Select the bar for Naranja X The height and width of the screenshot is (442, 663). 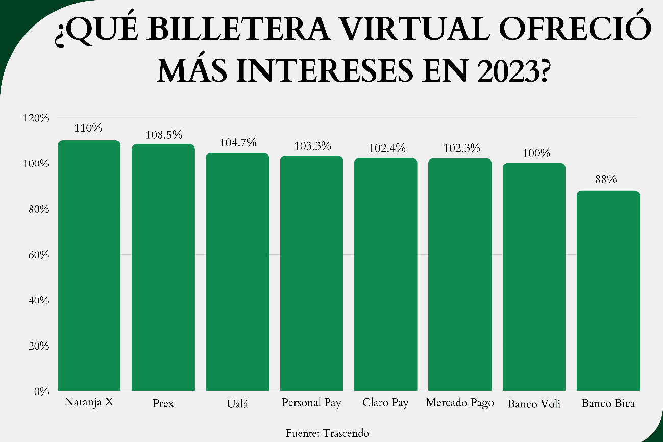[89, 265]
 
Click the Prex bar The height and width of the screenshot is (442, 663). [163, 267]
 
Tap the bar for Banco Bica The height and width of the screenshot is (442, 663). [608, 291]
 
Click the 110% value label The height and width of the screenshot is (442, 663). [89, 128]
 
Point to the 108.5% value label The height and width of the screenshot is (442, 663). [163, 135]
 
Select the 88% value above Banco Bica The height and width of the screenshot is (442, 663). [608, 179]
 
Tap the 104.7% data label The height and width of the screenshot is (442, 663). [237, 143]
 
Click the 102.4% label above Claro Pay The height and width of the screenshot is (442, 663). [386, 148]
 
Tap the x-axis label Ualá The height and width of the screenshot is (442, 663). [237, 404]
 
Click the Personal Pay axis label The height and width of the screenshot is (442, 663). [311, 403]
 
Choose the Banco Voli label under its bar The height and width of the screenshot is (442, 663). [534, 404]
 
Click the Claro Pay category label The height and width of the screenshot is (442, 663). [386, 403]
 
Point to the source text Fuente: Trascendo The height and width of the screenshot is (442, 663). [328, 433]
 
